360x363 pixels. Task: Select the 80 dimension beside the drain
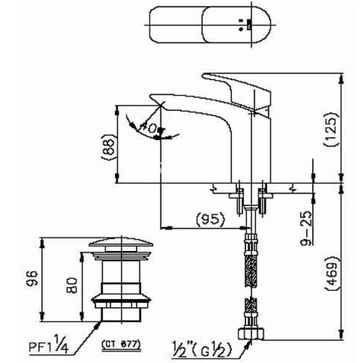(72, 284)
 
